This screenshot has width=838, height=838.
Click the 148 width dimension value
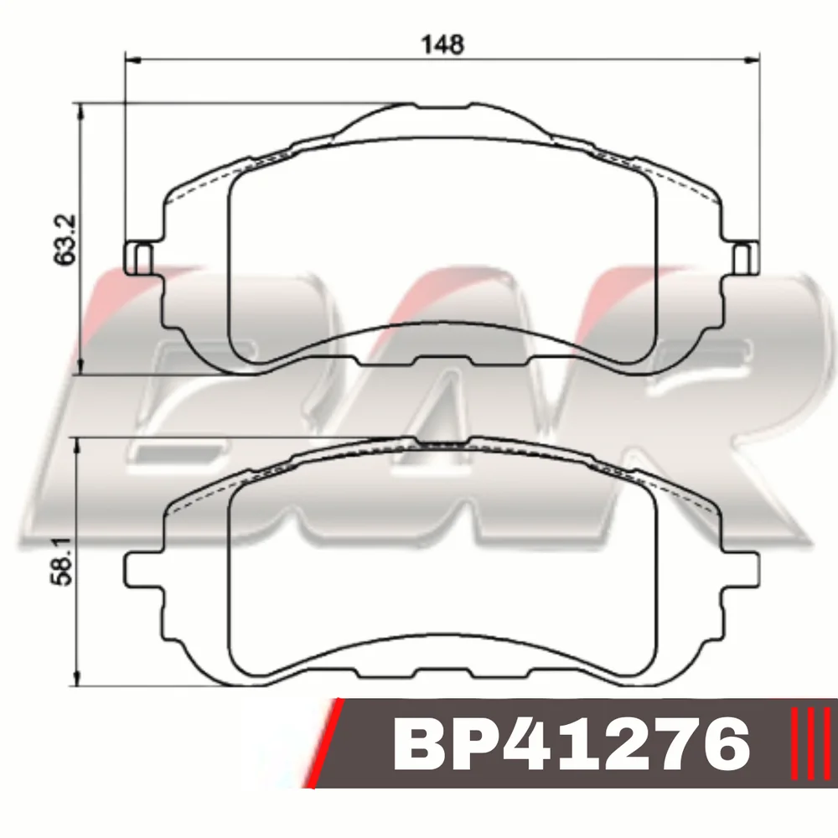(x=442, y=44)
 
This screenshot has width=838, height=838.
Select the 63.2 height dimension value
(x=65, y=240)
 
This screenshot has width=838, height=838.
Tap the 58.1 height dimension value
(x=62, y=561)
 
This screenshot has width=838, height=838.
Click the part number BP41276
(x=572, y=744)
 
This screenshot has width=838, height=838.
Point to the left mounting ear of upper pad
(x=138, y=258)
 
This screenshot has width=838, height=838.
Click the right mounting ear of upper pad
(x=745, y=258)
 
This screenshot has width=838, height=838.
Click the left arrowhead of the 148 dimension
(x=132, y=60)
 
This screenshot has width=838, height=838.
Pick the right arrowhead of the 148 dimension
(x=752, y=60)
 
